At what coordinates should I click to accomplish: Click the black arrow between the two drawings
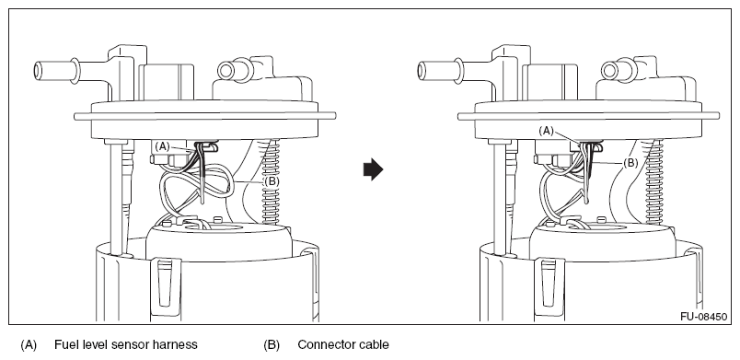373,169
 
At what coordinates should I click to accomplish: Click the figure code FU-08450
703,317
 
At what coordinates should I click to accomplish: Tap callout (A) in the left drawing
162,146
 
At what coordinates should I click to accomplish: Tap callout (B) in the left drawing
272,181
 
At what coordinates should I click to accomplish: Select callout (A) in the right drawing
546,131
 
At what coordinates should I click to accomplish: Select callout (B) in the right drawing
630,163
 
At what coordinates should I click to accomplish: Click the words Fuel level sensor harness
125,345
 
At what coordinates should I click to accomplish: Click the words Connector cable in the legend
343,345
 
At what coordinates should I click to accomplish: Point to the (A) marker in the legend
29,345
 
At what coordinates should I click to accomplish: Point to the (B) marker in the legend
272,345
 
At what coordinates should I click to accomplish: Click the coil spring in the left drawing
272,181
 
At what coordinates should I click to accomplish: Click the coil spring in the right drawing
655,181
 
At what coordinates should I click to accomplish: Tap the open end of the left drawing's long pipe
38,70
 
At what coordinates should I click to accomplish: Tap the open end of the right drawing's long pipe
422,70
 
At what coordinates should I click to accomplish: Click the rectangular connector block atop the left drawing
166,82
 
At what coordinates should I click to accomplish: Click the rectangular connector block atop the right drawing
549,82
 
